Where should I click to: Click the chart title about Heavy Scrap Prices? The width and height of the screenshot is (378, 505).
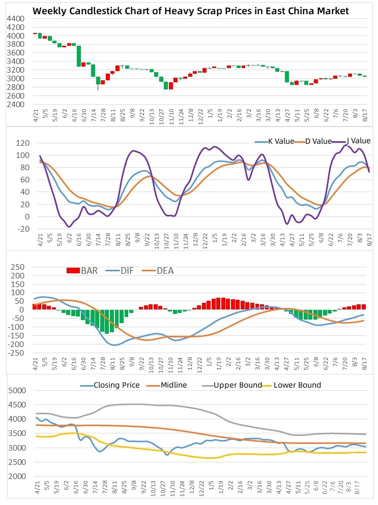[x=191, y=11]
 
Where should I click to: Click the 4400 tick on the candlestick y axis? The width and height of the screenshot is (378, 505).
[x=16, y=18]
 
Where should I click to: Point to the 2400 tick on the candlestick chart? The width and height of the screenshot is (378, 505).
[x=16, y=105]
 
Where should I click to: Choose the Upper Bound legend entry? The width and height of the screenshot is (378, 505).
[x=237, y=385]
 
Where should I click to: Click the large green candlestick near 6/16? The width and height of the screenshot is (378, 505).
[x=79, y=56]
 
